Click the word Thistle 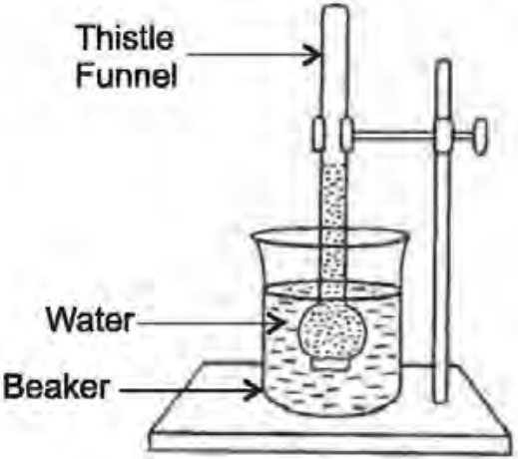(x=125, y=38)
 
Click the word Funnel (x=127, y=76)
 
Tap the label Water (x=91, y=319)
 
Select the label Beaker (x=56, y=386)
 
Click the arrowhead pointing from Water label (x=275, y=322)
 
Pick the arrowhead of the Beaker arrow (x=255, y=389)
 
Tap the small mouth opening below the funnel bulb (x=331, y=364)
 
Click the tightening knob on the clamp (x=480, y=136)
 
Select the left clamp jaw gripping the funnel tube (x=317, y=134)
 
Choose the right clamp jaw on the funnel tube (x=346, y=134)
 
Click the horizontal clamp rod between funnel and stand (x=394, y=135)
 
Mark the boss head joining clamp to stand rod (x=443, y=135)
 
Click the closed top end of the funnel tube (x=335, y=10)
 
